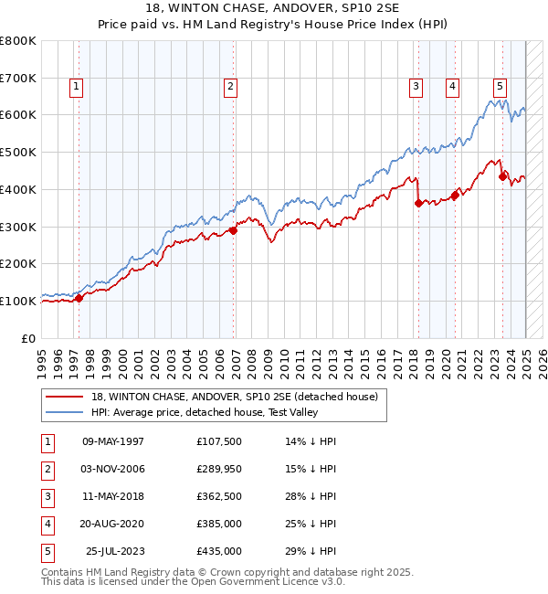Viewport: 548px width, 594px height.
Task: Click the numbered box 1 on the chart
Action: tap(75, 87)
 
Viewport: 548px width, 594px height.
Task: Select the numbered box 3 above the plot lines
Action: tap(416, 87)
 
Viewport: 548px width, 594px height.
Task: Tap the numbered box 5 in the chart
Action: tap(501, 87)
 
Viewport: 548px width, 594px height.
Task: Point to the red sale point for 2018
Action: tap(418, 203)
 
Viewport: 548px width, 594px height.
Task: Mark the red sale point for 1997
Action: tap(79, 298)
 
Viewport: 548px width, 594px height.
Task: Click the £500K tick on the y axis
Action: tap(19, 152)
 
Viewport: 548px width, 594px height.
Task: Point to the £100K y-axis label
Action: tap(19, 301)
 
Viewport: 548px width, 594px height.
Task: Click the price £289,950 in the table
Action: tap(219, 469)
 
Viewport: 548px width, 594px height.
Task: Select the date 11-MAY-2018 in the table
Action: tap(113, 496)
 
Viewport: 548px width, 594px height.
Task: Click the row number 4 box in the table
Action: tap(47, 524)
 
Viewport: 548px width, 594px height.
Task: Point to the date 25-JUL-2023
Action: tap(115, 551)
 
